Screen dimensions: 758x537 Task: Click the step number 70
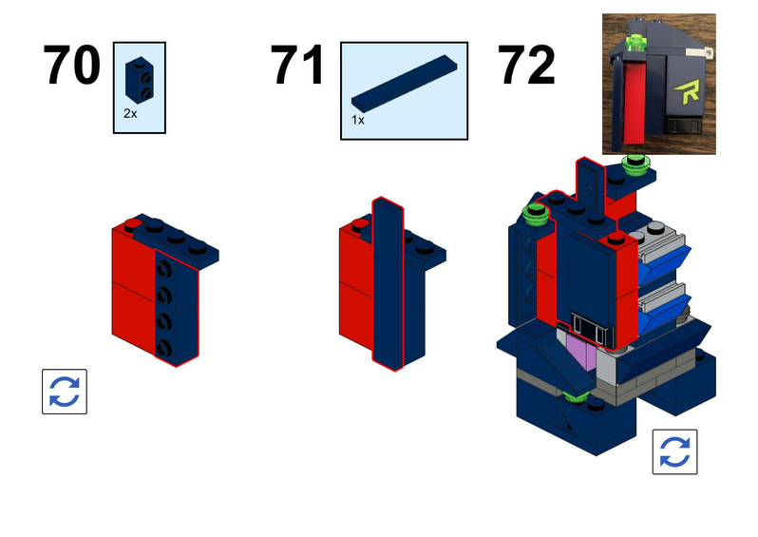tap(71, 65)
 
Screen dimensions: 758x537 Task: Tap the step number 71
tap(296, 65)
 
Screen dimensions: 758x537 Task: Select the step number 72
tap(527, 65)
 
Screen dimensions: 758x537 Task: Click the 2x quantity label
tap(130, 114)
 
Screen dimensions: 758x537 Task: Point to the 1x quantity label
tap(358, 120)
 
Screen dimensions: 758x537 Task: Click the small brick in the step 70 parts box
tap(140, 80)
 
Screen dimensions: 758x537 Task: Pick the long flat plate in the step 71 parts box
tap(404, 84)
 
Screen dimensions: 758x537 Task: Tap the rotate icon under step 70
tap(65, 392)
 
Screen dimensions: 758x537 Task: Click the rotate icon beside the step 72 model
tap(674, 451)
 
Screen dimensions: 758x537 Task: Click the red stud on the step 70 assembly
tap(132, 224)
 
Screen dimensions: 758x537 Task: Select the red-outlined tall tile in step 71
tap(388, 284)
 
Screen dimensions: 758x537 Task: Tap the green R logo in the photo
tap(687, 92)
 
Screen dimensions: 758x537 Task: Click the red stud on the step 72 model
tap(616, 238)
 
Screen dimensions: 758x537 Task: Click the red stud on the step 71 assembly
tap(360, 224)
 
